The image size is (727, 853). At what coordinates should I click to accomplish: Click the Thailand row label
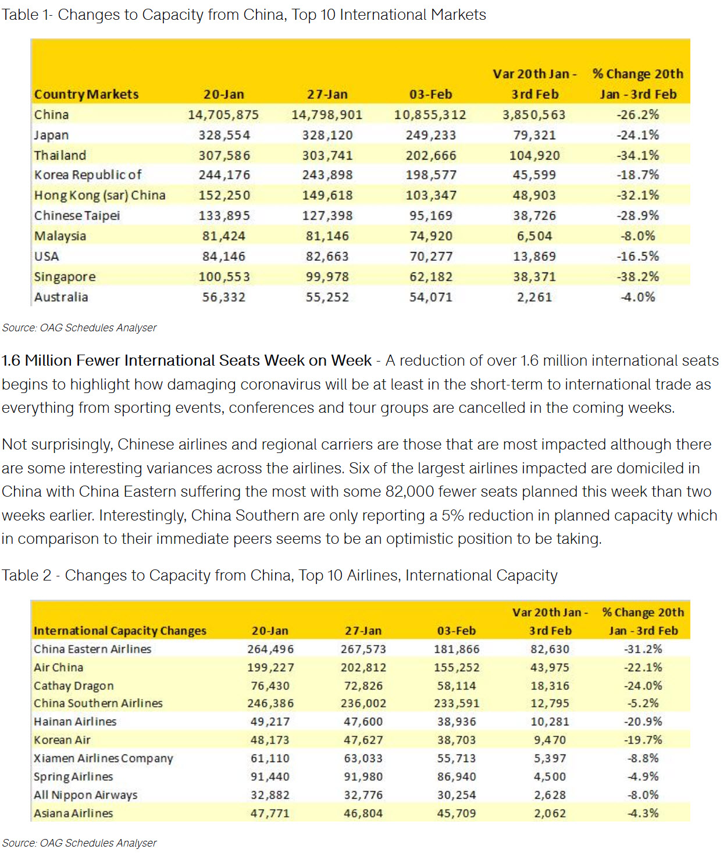tap(60, 155)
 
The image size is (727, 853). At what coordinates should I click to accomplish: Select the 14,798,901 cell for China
tap(327, 115)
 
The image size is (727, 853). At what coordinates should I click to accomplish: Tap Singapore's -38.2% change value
tap(638, 277)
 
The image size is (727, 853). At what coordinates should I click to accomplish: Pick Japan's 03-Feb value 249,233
tap(430, 135)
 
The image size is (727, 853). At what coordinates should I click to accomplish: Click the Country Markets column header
tap(86, 94)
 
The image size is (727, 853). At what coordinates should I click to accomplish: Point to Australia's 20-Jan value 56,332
tap(224, 297)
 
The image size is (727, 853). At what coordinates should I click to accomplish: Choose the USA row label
tap(47, 256)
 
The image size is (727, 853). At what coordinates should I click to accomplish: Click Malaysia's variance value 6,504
tap(534, 236)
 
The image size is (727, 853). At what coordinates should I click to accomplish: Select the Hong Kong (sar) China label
tap(99, 195)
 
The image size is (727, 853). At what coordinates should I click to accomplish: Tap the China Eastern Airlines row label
tap(92, 649)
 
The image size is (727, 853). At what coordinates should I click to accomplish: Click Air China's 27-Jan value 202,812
tap(363, 667)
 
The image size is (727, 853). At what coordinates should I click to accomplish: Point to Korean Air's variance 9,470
tap(550, 740)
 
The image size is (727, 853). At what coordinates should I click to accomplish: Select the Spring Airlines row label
tap(73, 777)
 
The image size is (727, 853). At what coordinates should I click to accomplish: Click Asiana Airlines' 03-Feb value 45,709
tap(457, 813)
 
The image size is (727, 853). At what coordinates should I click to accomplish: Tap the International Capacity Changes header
tap(120, 631)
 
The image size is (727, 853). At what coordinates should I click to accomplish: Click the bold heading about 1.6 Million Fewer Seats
tap(187, 360)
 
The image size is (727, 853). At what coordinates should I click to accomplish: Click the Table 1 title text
tap(244, 15)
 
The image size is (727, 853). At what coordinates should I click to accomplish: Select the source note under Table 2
tap(79, 843)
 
